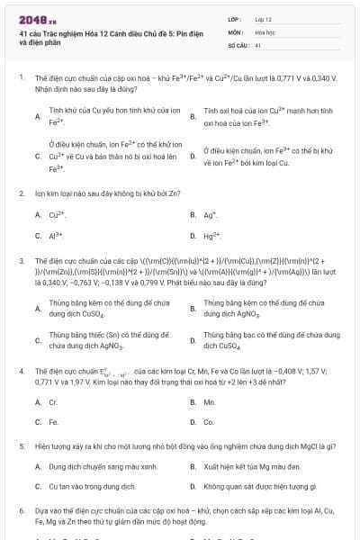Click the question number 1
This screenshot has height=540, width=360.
click(22, 78)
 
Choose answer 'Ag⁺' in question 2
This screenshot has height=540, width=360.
click(210, 215)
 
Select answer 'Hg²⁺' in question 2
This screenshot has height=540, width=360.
click(211, 236)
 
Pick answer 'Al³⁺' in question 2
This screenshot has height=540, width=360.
click(56, 236)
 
